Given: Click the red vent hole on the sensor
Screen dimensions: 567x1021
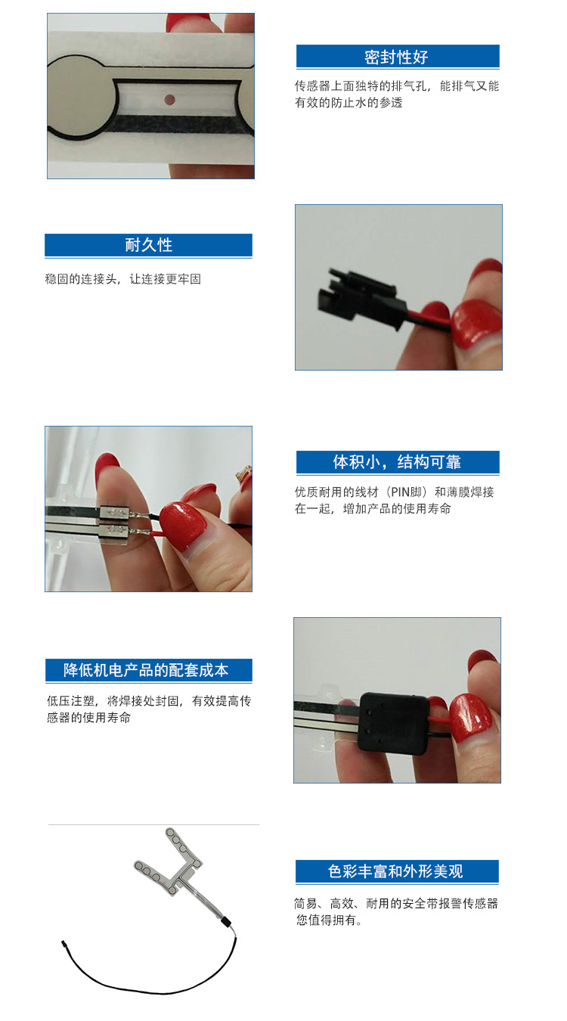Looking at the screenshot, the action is pyautogui.click(x=169, y=99).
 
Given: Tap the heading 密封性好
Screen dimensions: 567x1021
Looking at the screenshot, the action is pyautogui.click(x=395, y=57).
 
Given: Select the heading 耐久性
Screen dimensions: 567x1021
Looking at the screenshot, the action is pyautogui.click(x=149, y=245).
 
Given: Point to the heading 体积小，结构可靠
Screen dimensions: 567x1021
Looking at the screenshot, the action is pyautogui.click(x=397, y=462).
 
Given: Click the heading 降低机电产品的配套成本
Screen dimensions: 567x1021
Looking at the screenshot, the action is pyautogui.click(x=146, y=670).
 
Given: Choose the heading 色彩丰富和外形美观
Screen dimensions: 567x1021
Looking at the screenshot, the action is pyautogui.click(x=395, y=871).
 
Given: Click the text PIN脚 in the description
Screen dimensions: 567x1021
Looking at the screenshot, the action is pyautogui.click(x=406, y=492).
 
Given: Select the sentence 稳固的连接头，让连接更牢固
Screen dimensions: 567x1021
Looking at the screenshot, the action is pyautogui.click(x=123, y=279).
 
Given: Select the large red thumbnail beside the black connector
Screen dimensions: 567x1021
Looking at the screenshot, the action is pyautogui.click(x=476, y=324).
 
